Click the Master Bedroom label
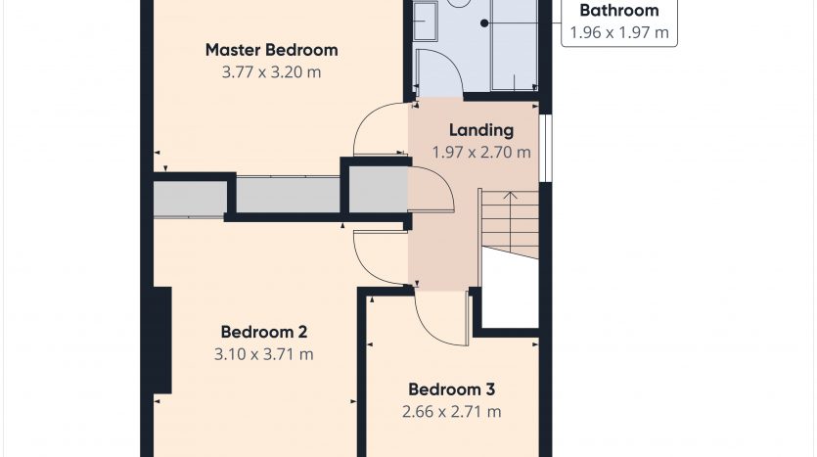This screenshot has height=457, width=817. click(271, 50)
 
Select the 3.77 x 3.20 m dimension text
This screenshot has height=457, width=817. click(271, 71)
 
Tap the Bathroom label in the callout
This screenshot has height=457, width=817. click(619, 11)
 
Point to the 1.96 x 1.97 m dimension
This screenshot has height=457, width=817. click(619, 33)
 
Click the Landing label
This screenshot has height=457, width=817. click(481, 130)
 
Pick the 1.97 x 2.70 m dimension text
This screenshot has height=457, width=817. click(481, 152)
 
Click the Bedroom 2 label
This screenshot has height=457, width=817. click(263, 332)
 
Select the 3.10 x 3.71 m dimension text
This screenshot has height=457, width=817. click(263, 354)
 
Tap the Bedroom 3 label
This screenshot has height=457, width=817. click(451, 389)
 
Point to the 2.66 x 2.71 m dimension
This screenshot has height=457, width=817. click(451, 412)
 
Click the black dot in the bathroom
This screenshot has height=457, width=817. click(484, 23)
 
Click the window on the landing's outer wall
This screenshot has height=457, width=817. click(545, 148)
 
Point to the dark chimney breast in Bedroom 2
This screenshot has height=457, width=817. click(162, 341)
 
